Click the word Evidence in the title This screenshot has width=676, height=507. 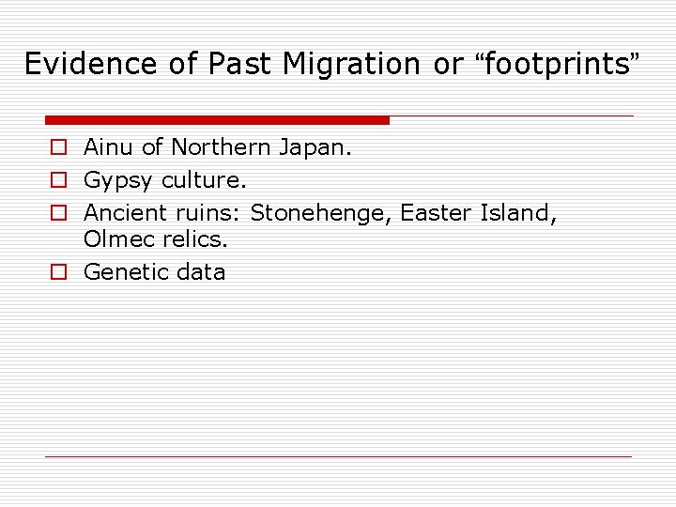pyautogui.click(x=78, y=64)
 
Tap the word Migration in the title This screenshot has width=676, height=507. pyautogui.click(x=351, y=64)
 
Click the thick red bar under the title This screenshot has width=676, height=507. pyautogui.click(x=217, y=120)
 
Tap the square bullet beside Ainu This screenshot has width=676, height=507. pyautogui.click(x=58, y=148)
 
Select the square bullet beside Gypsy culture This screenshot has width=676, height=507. pyautogui.click(x=58, y=180)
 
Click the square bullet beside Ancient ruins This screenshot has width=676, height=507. pyautogui.click(x=58, y=213)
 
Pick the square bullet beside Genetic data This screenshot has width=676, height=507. pyautogui.click(x=58, y=272)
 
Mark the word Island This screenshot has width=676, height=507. pyautogui.click(x=518, y=212)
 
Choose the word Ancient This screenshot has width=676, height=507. pyautogui.click(x=125, y=212)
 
